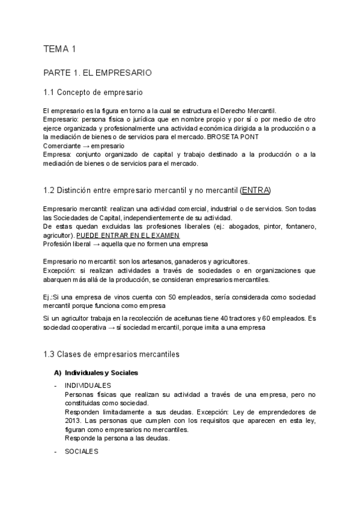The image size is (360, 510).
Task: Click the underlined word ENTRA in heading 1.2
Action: tap(255, 191)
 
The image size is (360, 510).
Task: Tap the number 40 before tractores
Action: tap(224, 317)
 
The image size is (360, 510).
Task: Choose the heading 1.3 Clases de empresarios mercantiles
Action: tap(111, 354)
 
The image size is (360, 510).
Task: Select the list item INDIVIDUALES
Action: tap(87, 385)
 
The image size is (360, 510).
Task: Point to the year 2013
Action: tap(74, 421)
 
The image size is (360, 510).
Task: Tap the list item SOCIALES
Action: tap(81, 451)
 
